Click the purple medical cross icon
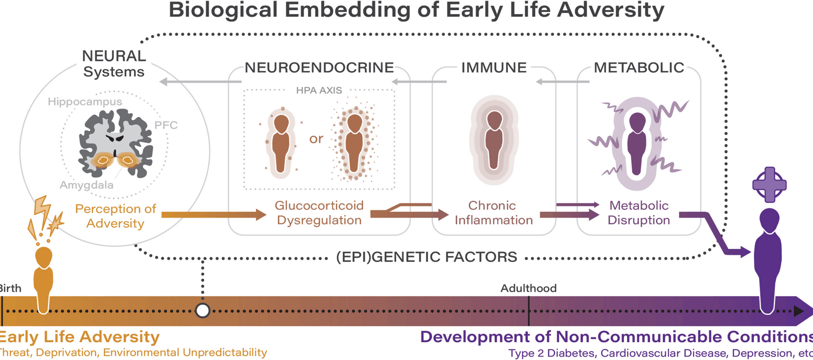pyautogui.click(x=769, y=185)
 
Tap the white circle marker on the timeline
pyautogui.click(x=203, y=310)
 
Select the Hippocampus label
pyautogui.click(x=85, y=102)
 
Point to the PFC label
pyautogui.click(x=166, y=125)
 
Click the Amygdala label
pyautogui.click(x=86, y=185)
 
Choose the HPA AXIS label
pyautogui.click(x=319, y=90)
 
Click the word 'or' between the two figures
pyautogui.click(x=316, y=138)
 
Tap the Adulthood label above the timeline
pyautogui.click(x=528, y=288)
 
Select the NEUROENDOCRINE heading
pyautogui.click(x=319, y=68)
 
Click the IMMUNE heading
pyautogui.click(x=494, y=68)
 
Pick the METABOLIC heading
pyautogui.click(x=639, y=68)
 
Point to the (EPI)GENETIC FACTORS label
pyautogui.click(x=426, y=257)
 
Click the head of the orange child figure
pyautogui.click(x=44, y=257)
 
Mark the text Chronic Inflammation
pyautogui.click(x=493, y=213)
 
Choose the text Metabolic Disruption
pyautogui.click(x=639, y=213)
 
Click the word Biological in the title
pyautogui.click(x=223, y=10)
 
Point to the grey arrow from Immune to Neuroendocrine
pyautogui.click(x=419, y=82)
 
